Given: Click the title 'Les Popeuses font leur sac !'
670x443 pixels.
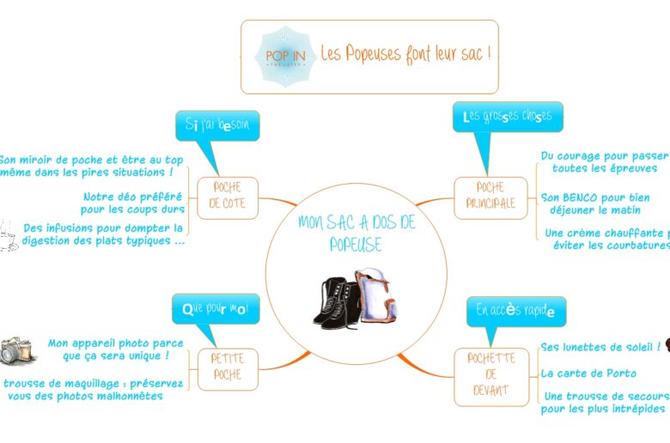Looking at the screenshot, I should pos(405,55).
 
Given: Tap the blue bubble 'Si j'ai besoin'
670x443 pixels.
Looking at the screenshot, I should pos(217,125).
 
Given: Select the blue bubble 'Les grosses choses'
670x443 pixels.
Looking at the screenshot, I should pos(508,117).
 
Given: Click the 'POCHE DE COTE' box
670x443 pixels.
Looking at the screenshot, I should pos(228,197).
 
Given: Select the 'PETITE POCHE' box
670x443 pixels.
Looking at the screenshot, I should pos(228,367).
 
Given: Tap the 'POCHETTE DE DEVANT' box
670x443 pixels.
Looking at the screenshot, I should pos(491,374).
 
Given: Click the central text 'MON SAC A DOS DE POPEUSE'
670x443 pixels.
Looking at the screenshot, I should pos(356,234).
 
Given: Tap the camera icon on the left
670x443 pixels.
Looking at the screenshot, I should pos(15,350).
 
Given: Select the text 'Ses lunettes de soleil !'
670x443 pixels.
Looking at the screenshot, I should pos(600,347).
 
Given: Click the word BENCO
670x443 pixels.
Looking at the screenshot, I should pos(582,197).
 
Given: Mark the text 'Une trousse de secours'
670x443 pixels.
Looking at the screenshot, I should pos(606,396).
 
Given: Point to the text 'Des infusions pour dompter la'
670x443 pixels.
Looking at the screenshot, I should pos(103,228).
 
